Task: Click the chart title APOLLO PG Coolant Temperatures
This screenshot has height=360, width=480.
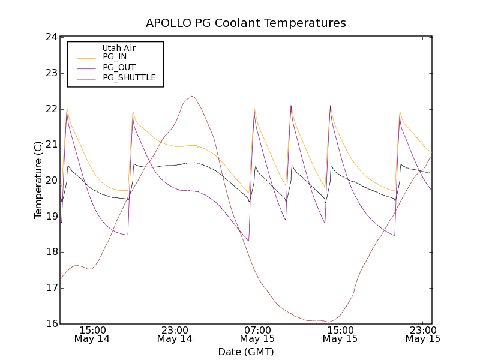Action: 246,23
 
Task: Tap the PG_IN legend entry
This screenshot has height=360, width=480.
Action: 115,57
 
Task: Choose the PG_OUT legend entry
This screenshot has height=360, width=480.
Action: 119,67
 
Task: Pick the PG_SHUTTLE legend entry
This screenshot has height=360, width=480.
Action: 129,77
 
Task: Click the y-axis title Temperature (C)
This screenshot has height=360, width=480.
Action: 38,180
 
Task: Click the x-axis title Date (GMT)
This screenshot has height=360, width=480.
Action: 246,352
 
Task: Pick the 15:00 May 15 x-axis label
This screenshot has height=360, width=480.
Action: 340,334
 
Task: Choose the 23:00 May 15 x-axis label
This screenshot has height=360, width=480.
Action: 422,334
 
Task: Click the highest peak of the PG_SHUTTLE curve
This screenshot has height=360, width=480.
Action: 192,96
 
